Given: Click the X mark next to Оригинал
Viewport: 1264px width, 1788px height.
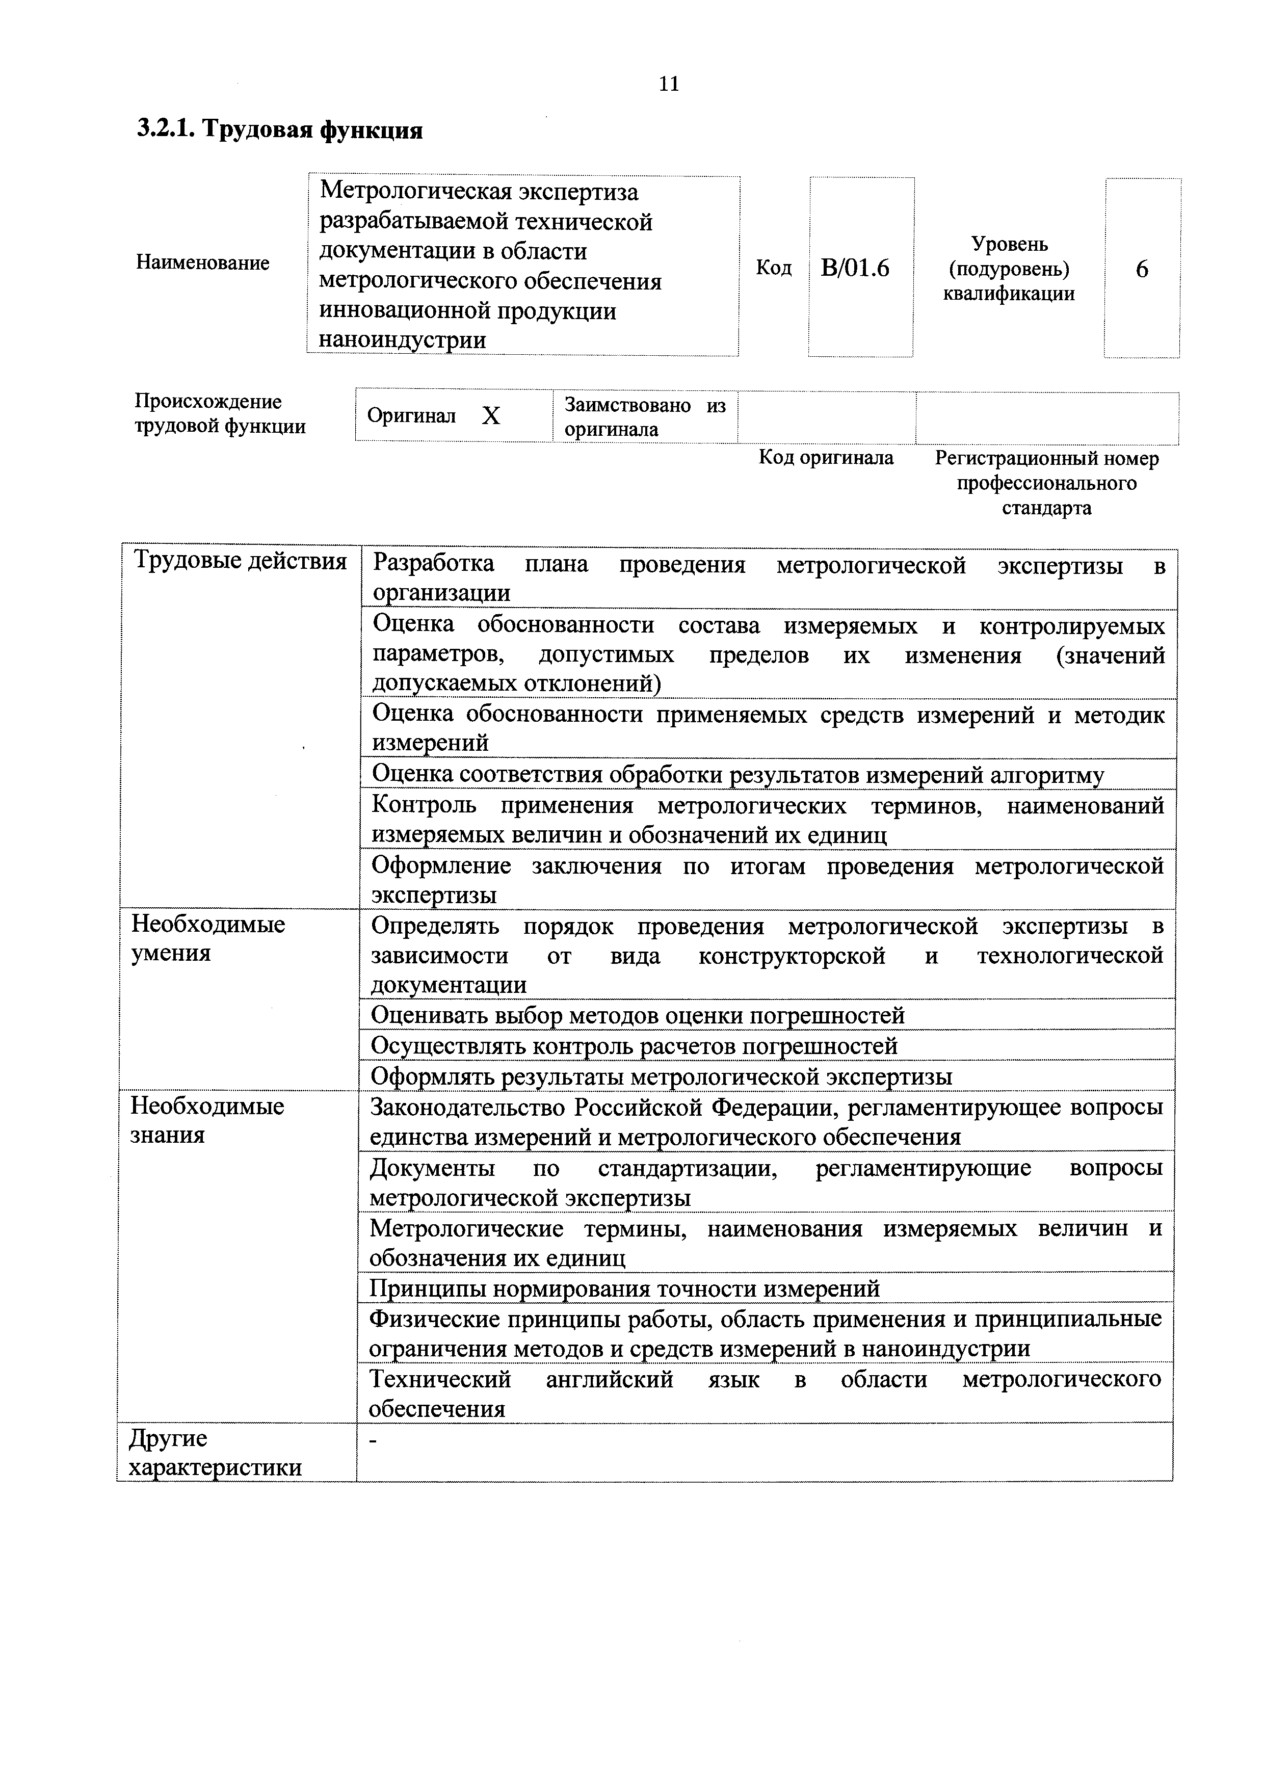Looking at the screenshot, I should tap(491, 416).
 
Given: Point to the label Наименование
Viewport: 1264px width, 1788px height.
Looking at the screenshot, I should tap(202, 262).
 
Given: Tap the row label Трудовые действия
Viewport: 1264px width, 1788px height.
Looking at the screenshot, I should tap(240, 562).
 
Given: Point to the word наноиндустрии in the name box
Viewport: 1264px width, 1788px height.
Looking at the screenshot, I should tap(403, 340).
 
